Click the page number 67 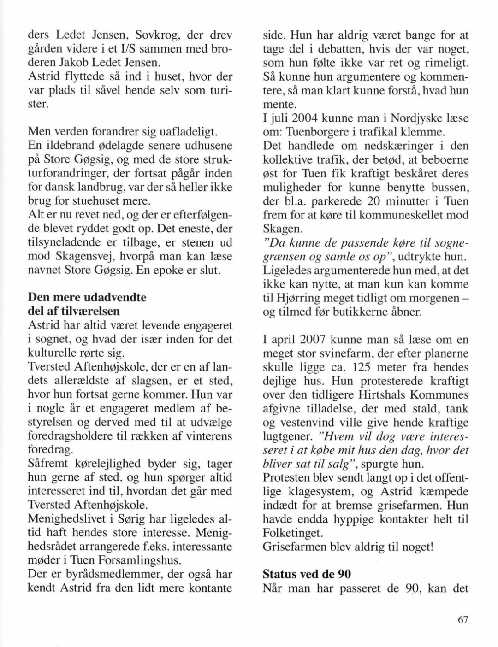click(x=463, y=619)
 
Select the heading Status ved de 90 click(x=307, y=574)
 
